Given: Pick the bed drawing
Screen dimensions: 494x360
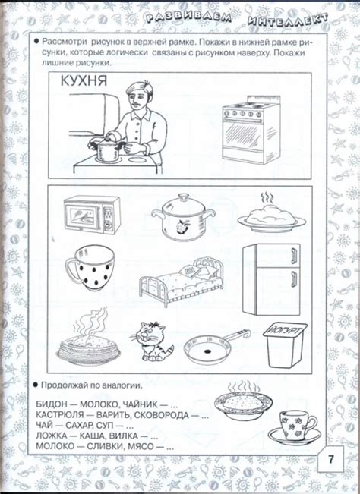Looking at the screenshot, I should [181, 282].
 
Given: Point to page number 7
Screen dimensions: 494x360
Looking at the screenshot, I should [332, 460].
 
